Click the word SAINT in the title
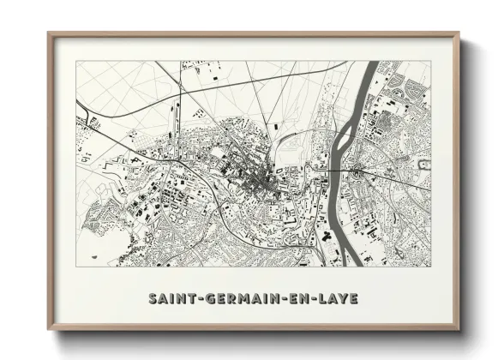[169, 299]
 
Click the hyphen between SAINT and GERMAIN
[193, 299]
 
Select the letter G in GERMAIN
[203, 299]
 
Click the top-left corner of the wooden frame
[49, 33]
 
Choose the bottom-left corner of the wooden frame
[49, 329]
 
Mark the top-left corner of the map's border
[76, 61]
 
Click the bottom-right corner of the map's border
[430, 267]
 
